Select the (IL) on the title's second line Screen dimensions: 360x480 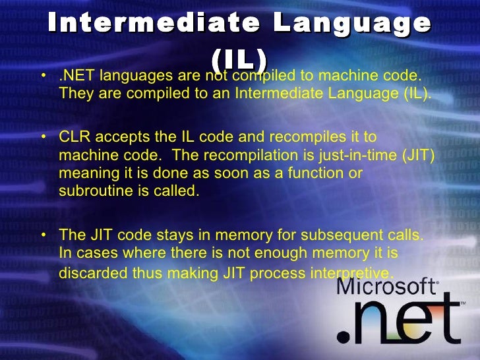pyautogui.click(x=239, y=59)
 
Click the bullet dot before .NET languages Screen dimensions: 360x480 pyautogui.click(x=43, y=78)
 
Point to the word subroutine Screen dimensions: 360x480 pyautogui.click(x=92, y=191)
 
